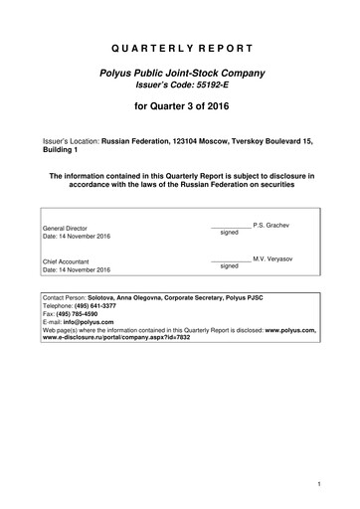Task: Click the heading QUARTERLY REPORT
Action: (x=179, y=47)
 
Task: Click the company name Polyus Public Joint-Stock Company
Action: (x=179, y=76)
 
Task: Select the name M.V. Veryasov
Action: (x=270, y=258)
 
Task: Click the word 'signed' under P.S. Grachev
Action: (x=230, y=232)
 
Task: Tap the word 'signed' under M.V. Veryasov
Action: (x=230, y=266)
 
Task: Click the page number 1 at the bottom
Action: (x=315, y=484)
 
